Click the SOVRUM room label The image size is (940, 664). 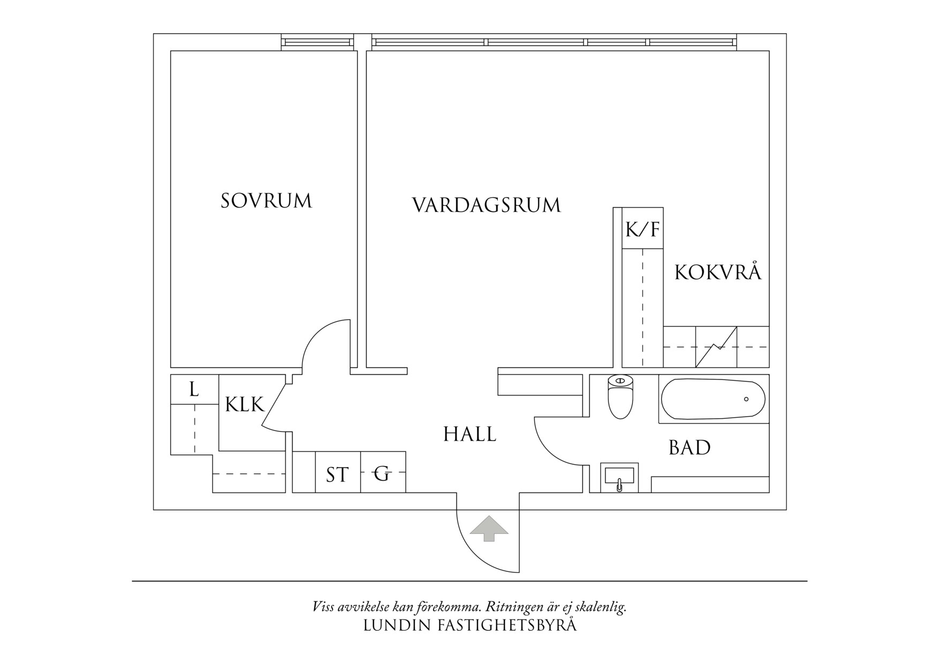(x=266, y=201)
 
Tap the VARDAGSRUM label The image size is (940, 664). (x=486, y=206)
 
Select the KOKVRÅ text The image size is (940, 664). (x=718, y=273)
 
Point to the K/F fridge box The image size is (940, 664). (x=642, y=229)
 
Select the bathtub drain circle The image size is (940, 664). (x=746, y=399)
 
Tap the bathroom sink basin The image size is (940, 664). (x=619, y=476)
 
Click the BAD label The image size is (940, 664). (x=689, y=448)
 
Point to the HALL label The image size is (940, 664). (x=469, y=434)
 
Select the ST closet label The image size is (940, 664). (x=337, y=475)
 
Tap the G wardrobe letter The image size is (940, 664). (x=382, y=473)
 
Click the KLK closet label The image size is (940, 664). (x=244, y=405)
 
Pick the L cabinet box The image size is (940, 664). (x=194, y=389)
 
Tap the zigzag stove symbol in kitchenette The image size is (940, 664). (x=716, y=347)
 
